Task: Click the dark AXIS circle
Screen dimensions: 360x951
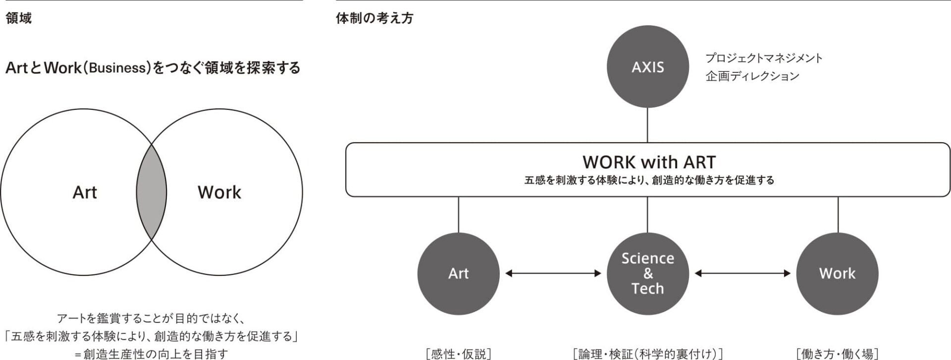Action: pos(648,67)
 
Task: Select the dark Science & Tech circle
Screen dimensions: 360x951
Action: pos(648,273)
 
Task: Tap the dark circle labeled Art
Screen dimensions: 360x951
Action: pos(458,273)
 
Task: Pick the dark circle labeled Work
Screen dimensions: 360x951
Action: pos(837,273)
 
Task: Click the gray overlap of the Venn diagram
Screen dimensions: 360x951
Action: pos(152,192)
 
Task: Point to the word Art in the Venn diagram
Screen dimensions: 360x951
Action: pos(85,192)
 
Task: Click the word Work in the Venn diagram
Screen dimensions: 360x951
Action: pos(219,192)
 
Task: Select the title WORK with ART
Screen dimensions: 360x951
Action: pos(649,162)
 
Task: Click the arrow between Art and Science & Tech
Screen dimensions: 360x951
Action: pos(553,273)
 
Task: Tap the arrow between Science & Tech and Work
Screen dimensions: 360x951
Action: pos(742,273)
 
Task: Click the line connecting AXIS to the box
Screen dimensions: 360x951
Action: pos(648,125)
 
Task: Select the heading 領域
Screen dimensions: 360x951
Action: pos(19,18)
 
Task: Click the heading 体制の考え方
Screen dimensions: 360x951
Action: pos(374,18)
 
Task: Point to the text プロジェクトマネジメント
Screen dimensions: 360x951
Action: pos(764,58)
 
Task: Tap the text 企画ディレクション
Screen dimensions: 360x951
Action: pos(752,76)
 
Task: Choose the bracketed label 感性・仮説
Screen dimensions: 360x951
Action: pos(458,354)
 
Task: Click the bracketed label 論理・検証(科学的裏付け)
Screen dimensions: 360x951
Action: pos(647,354)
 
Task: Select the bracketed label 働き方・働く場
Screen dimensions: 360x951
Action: pos(837,354)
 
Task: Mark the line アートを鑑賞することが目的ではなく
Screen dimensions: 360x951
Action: pos(152,318)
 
